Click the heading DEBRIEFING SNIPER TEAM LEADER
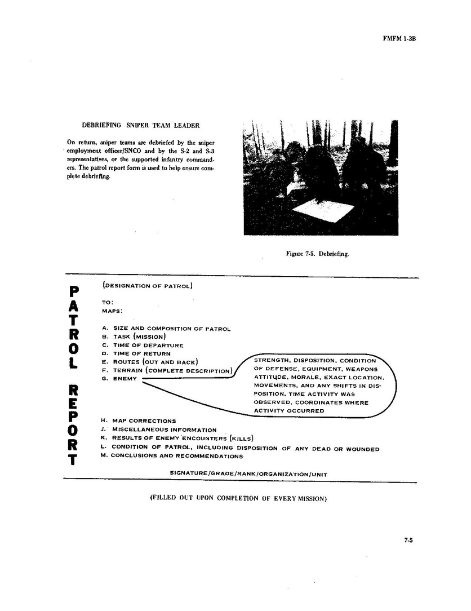[x=140, y=125]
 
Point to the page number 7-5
[x=408, y=540]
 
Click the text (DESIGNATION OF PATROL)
[x=148, y=286]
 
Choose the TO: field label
[x=108, y=302]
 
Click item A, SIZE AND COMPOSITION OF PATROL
[x=166, y=329]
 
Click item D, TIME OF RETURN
[x=138, y=353]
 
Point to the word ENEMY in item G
[x=125, y=378]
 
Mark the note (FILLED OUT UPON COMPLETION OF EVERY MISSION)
[x=239, y=498]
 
